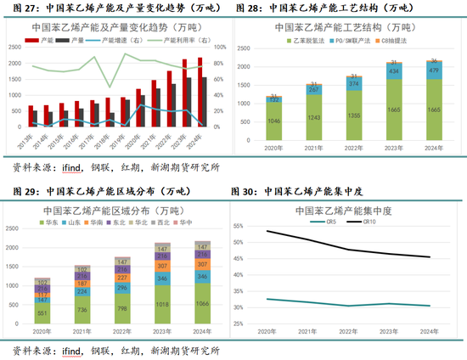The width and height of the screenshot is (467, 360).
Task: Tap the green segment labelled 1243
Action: [314, 116]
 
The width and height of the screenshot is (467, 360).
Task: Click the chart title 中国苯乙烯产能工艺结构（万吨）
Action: [353, 27]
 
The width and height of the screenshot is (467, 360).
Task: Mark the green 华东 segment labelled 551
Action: [42, 312]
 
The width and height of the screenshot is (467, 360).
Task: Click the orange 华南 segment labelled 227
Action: [122, 278]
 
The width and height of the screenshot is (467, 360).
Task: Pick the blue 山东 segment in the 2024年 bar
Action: [202, 277]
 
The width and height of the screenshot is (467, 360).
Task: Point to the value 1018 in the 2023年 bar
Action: [162, 302]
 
